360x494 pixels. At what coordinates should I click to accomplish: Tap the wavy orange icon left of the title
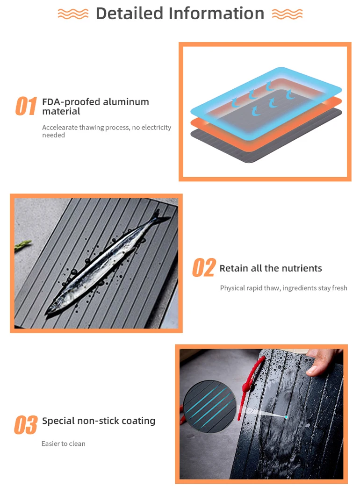point(73,14)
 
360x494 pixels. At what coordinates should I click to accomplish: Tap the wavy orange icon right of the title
point(287,14)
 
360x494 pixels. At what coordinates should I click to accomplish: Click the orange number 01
point(26,107)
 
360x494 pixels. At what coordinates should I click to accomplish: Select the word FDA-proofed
point(71,102)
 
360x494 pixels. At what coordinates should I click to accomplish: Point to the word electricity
point(156,128)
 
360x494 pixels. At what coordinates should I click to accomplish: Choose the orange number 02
point(204,268)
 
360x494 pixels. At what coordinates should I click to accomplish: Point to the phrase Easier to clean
point(64,444)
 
